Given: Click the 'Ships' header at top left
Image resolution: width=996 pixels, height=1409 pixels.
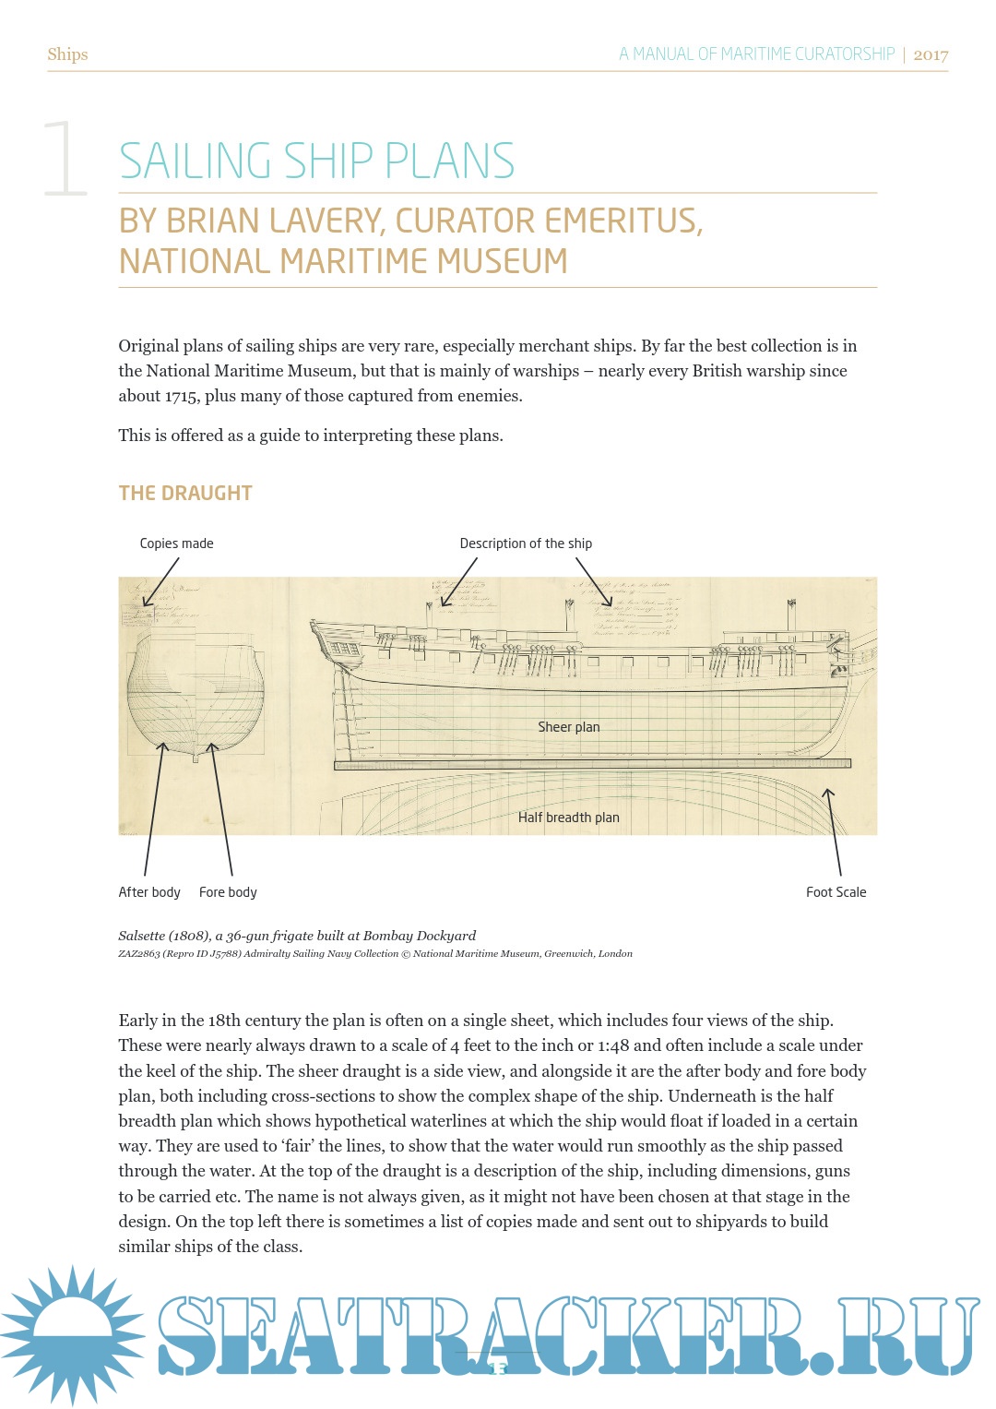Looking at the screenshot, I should pos(67,54).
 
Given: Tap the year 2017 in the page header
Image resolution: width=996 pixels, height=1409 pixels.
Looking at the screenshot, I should pos(931,54).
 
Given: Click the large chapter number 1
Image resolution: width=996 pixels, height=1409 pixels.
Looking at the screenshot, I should pos(65,158).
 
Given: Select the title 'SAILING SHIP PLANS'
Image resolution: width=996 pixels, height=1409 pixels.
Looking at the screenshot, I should pos(316,161).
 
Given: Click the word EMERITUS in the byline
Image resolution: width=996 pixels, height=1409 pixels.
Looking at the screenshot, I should pos(623,221).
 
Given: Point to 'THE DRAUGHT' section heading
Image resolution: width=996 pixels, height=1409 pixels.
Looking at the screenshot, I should pos(185,493).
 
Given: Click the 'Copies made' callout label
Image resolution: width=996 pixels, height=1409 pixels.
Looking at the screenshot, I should pos(176,543).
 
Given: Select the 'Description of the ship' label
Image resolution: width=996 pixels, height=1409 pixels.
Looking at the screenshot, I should pos(526,543).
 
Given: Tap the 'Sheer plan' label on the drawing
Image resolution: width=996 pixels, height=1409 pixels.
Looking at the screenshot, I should pos(568,727).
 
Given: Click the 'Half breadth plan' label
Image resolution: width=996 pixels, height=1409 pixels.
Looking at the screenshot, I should pos(568,818).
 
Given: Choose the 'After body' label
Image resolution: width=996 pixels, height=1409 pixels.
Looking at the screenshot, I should pos(149,892).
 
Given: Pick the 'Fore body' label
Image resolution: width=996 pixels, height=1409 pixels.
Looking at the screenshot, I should pos(228,892).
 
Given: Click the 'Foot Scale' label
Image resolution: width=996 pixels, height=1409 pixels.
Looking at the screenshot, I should pos(836,892).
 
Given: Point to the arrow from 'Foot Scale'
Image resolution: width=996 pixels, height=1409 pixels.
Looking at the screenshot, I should pos(834,830).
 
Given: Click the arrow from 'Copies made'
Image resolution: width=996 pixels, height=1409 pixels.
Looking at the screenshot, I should pos(160,582).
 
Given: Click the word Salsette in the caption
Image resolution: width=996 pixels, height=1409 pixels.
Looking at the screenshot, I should pos(141,936).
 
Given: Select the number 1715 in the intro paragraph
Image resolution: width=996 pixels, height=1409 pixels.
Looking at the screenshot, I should pos(182,396).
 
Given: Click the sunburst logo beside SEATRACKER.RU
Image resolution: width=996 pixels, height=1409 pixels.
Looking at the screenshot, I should pos(72,1334).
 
